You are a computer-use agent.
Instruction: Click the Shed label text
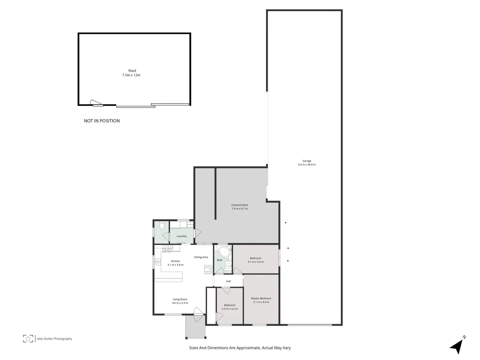(132, 71)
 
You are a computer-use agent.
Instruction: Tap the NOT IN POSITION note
(102, 121)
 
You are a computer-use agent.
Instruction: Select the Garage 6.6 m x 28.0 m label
(307, 163)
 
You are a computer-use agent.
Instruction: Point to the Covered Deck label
(240, 205)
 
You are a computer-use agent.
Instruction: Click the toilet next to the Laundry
(162, 226)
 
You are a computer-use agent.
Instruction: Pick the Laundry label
(182, 236)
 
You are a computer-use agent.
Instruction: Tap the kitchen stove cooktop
(167, 248)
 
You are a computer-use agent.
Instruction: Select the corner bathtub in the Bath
(223, 251)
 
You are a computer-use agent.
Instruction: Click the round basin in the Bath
(228, 266)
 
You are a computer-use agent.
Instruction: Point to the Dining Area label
(201, 257)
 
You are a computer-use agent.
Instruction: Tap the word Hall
(228, 281)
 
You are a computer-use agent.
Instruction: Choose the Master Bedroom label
(261, 298)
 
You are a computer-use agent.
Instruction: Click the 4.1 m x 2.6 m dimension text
(256, 262)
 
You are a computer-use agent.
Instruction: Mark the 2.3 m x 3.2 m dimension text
(230, 309)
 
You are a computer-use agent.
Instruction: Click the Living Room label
(180, 299)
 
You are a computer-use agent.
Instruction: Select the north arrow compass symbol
(457, 346)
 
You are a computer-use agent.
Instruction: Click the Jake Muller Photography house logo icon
(28, 338)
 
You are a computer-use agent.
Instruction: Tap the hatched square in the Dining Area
(208, 269)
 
